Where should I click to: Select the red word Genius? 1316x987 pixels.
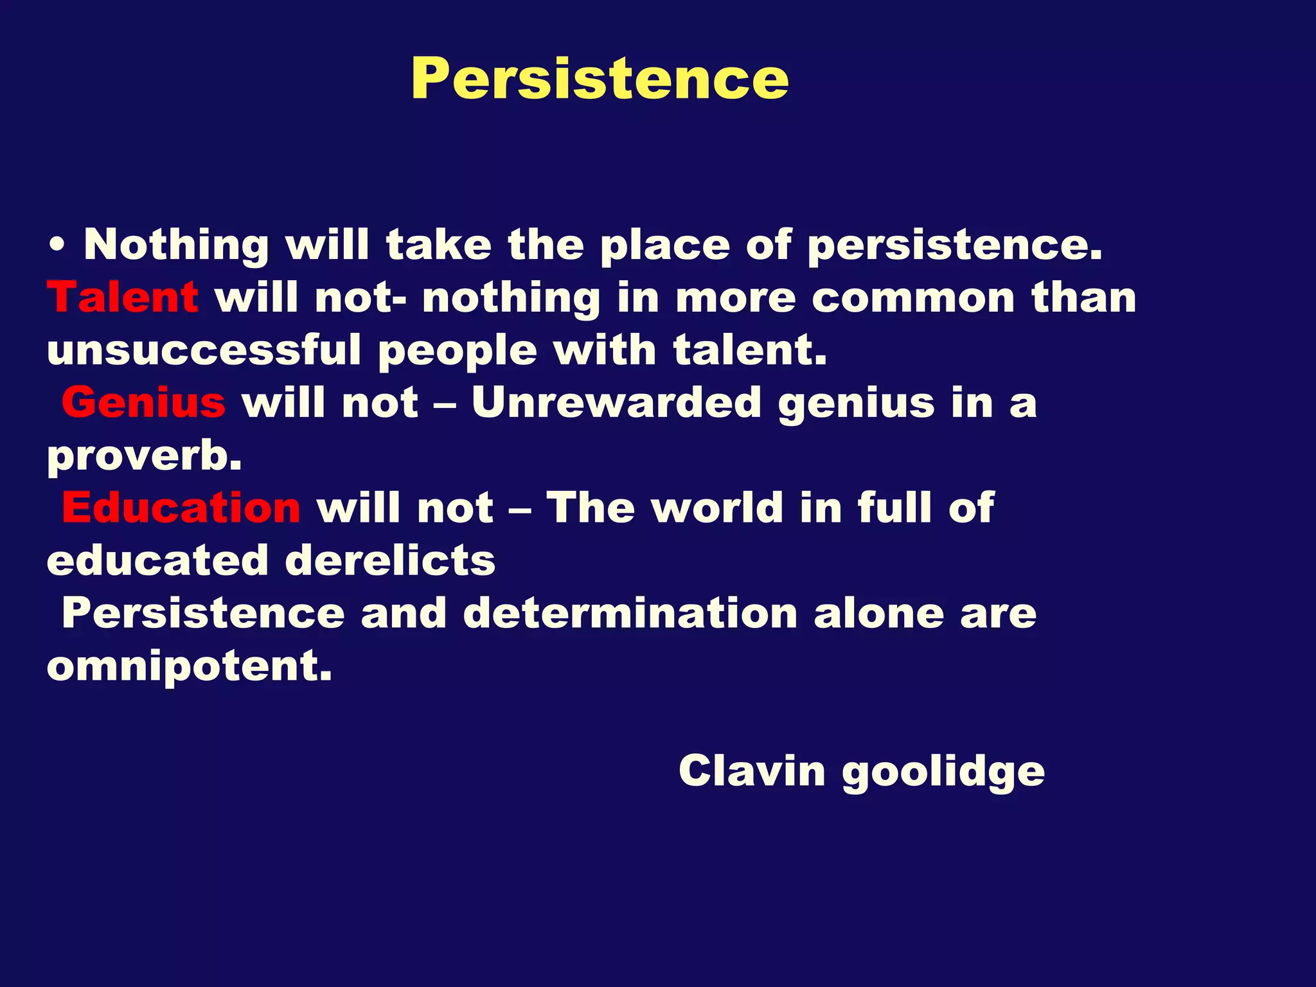[x=143, y=403]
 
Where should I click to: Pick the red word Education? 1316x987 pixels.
[x=181, y=508]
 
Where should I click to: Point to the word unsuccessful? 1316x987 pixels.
[x=204, y=351]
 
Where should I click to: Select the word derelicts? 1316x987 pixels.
[x=390, y=560]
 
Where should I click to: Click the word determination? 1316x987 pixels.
[x=630, y=613]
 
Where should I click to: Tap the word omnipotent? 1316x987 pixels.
[x=190, y=666]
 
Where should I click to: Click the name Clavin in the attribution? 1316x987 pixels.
[x=751, y=770]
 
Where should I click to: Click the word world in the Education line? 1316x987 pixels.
[x=717, y=508]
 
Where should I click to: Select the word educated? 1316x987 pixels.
[x=157, y=560]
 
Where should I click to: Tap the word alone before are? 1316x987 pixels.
[x=878, y=613]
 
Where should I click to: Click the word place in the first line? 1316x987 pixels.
[x=664, y=246]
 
